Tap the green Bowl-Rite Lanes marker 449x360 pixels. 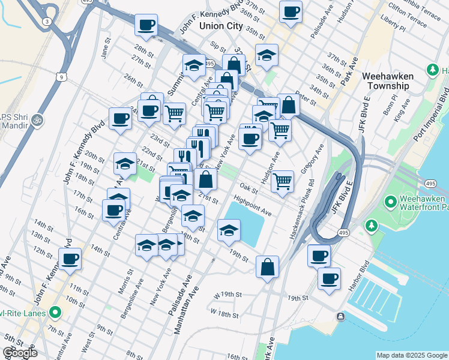pyautogui.click(x=56, y=312)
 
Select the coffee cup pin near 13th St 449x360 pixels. pyautogui.click(x=71, y=259)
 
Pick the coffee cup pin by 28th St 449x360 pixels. pyautogui.click(x=146, y=25)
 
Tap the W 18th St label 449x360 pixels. pyautogui.click(x=224, y=314)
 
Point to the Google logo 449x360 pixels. pyautogui.click(x=19, y=353)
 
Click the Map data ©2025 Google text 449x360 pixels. pyautogui.click(x=411, y=355)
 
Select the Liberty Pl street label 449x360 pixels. pyautogui.click(x=393, y=27)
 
